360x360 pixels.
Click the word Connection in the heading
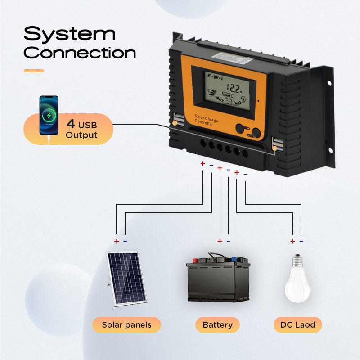pyautogui.click(x=80, y=53)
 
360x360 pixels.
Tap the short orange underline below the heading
pyautogui.click(x=34, y=71)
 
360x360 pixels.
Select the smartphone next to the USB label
pyautogui.click(x=49, y=115)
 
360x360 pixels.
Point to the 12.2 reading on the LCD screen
pyautogui.click(x=234, y=88)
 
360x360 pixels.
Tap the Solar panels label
pyautogui.click(x=126, y=324)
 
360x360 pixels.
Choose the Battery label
pyautogui.click(x=217, y=324)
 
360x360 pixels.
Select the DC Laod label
pyautogui.click(x=298, y=324)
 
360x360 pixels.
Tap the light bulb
pyautogui.click(x=297, y=279)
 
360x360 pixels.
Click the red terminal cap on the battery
pyautogui.click(x=197, y=260)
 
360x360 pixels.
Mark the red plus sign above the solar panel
pyautogui.click(x=116, y=241)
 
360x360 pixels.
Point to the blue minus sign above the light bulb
pyautogui.click(x=301, y=241)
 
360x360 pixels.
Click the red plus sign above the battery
pyautogui.click(x=220, y=241)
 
